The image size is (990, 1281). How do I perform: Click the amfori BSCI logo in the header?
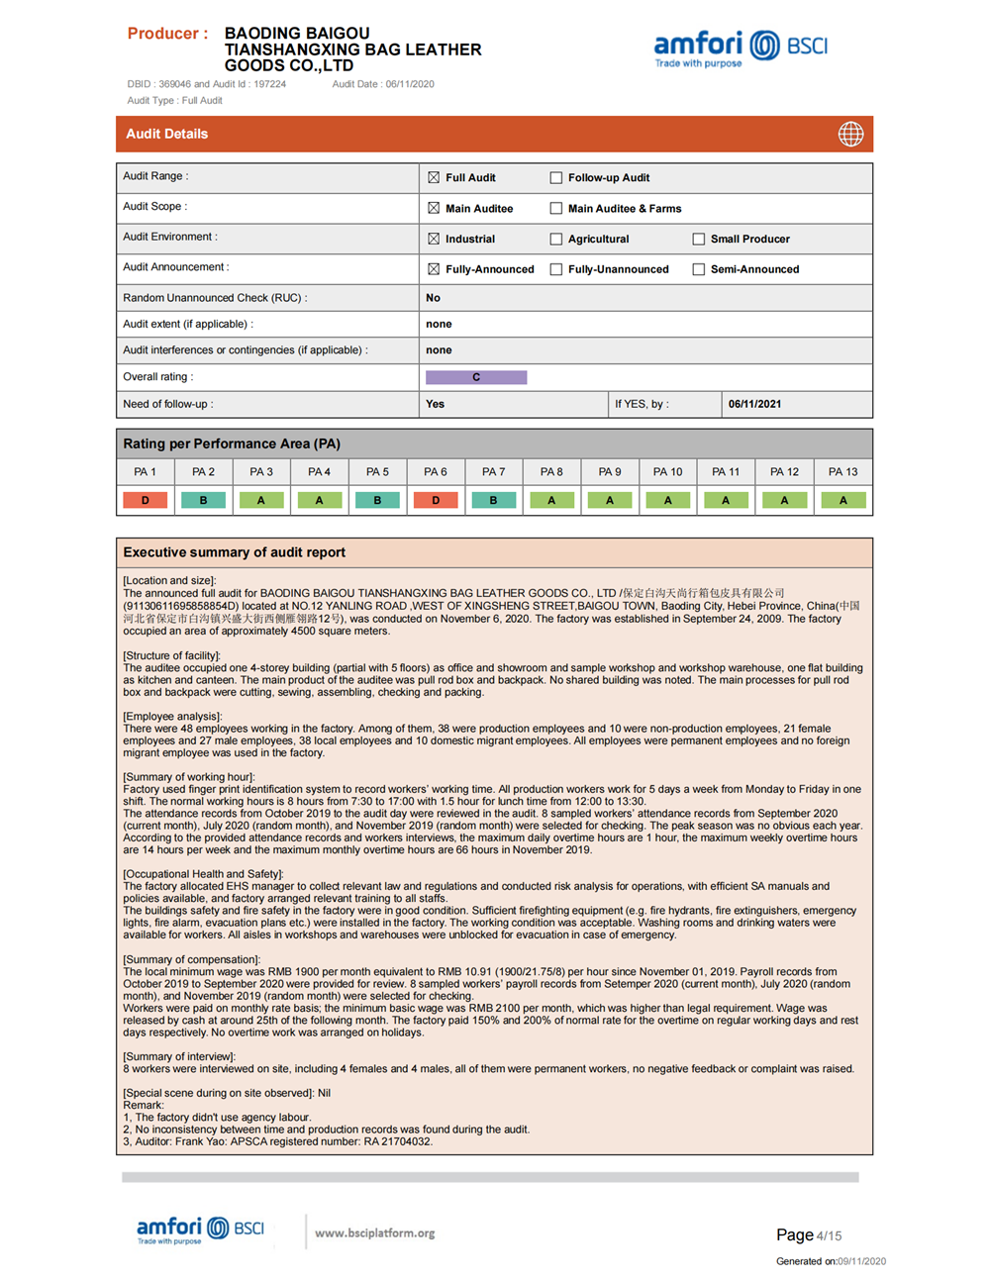click(740, 47)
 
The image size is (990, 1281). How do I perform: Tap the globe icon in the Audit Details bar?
click(850, 135)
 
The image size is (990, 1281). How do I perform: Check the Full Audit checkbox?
click(434, 178)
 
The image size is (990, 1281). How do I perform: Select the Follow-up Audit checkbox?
click(556, 178)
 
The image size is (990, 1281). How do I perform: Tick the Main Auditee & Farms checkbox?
click(556, 209)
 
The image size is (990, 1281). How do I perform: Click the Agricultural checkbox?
click(556, 240)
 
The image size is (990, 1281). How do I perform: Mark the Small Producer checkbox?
click(699, 240)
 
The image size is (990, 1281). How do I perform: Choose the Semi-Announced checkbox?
click(699, 269)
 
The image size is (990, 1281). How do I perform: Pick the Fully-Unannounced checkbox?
click(556, 269)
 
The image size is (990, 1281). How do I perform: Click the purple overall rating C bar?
click(476, 377)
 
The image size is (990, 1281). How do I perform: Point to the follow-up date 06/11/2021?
click(754, 404)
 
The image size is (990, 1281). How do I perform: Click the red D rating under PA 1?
click(146, 501)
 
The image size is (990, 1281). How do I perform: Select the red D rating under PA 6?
click(436, 501)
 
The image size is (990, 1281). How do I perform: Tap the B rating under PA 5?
click(377, 501)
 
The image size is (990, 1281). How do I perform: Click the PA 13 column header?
click(842, 472)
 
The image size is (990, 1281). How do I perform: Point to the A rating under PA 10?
click(668, 501)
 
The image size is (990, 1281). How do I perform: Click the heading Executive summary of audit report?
click(234, 552)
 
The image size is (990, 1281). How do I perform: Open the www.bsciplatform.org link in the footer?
click(374, 1233)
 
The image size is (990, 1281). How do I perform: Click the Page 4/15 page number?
click(808, 1235)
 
